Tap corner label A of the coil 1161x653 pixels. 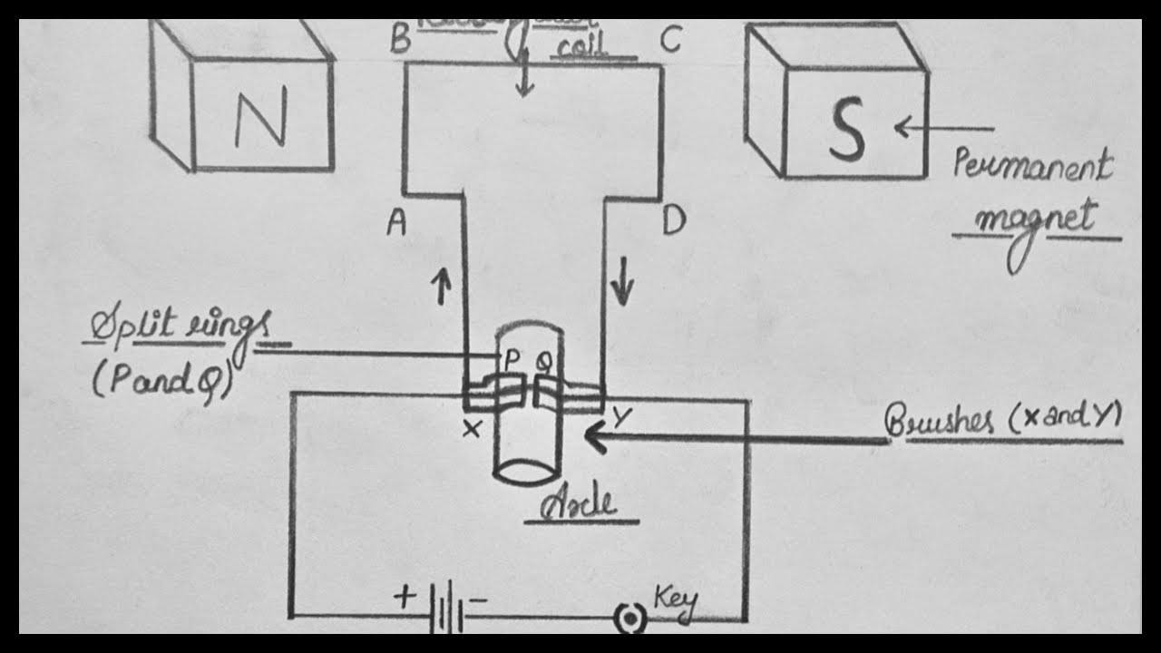pos(395,222)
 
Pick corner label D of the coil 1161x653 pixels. pos(673,221)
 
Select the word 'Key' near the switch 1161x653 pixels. pos(675,602)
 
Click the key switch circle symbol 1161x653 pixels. pos(628,619)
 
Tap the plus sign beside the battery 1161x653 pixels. pos(405,597)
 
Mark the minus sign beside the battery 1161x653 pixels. pos(480,599)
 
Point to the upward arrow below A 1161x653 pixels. pos(443,288)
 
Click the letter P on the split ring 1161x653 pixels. pos(512,361)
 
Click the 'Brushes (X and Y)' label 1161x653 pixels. pos(1003,421)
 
